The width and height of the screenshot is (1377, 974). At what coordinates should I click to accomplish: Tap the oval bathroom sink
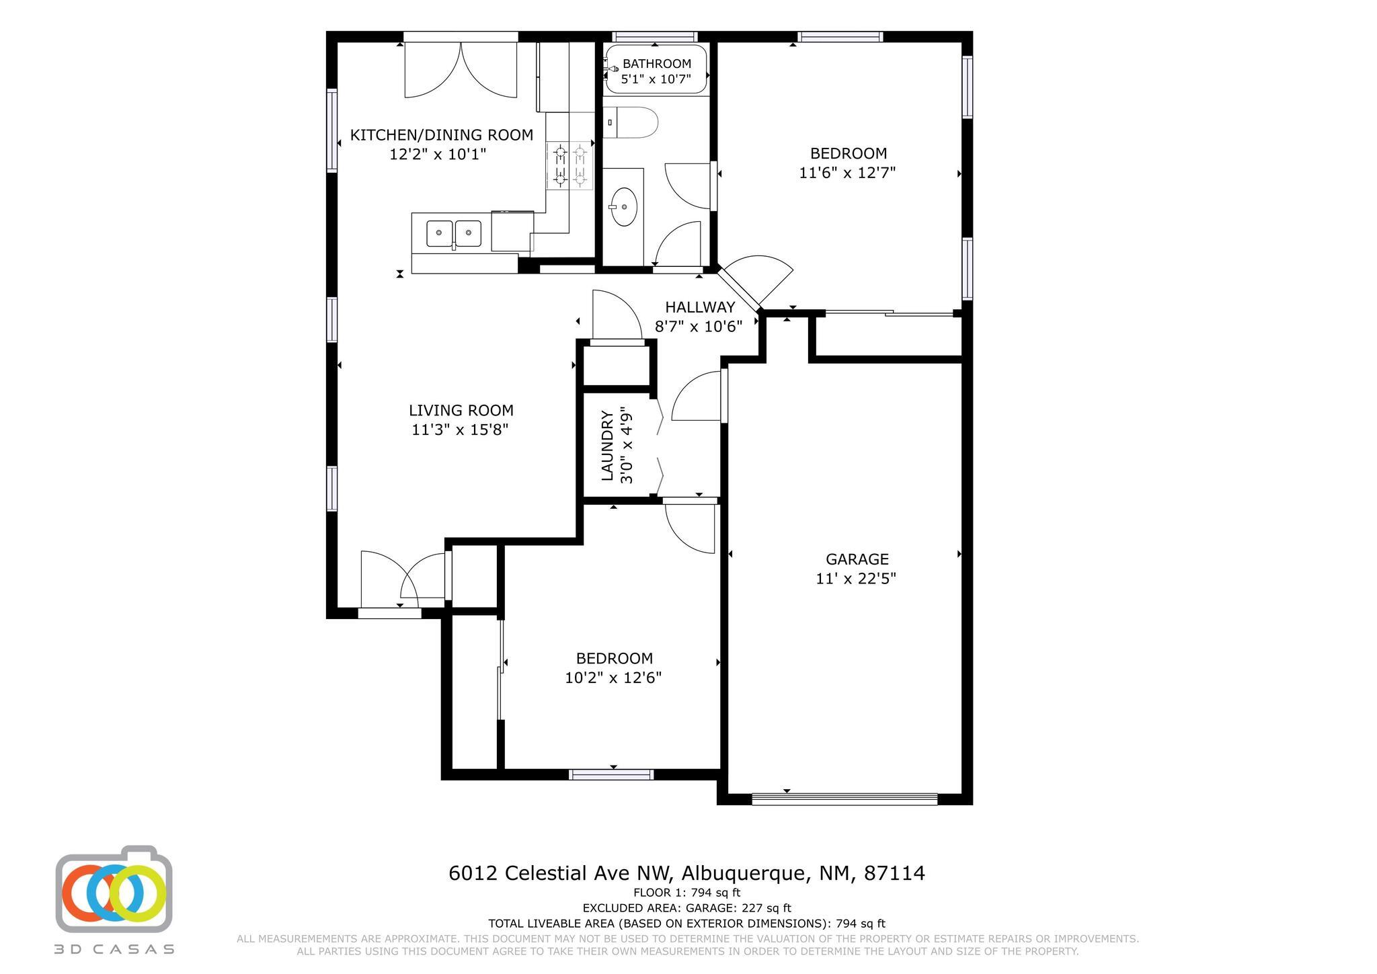624,206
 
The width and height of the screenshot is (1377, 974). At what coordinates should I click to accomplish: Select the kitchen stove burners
569,166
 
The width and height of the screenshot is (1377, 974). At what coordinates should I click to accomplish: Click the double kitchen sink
454,233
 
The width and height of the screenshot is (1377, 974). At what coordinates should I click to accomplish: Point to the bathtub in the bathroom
656,69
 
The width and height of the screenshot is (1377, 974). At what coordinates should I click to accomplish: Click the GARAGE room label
857,559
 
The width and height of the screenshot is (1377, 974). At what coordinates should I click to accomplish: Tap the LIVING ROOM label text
461,410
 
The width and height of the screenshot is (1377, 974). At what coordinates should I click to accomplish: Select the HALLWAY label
700,307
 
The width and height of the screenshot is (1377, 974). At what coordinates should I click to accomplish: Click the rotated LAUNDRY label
607,446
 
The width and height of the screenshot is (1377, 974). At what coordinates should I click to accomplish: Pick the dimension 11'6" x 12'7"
847,173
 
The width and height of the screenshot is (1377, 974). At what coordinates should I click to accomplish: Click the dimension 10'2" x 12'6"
613,678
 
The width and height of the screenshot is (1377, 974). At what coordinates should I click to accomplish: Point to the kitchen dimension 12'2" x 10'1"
438,154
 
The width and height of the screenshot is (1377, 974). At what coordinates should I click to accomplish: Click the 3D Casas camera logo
114,889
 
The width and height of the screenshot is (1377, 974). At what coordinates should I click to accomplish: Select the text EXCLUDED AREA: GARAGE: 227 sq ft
686,908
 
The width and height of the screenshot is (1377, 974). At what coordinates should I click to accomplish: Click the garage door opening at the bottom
844,799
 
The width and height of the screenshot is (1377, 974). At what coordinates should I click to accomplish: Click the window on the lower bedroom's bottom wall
611,774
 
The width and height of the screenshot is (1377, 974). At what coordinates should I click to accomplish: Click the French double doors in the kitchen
461,67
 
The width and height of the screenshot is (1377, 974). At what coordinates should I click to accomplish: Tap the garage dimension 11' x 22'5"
856,578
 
